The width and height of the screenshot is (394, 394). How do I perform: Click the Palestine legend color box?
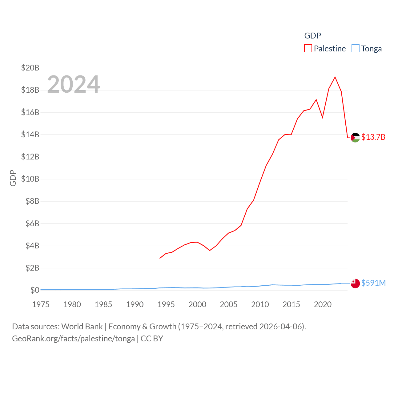point(308,49)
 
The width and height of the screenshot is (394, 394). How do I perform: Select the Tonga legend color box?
point(356,49)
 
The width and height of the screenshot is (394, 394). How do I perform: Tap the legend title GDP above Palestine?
point(312,36)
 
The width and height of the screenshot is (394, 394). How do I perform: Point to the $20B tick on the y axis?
point(30,68)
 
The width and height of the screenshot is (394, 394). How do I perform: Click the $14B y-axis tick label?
point(30,135)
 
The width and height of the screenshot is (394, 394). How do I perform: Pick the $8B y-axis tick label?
point(32,201)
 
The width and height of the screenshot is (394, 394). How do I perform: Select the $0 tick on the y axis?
point(35,290)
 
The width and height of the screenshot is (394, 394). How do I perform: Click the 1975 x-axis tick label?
point(41,304)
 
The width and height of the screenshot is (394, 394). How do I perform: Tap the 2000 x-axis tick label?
point(197,304)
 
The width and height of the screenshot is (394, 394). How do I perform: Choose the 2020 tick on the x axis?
point(323,304)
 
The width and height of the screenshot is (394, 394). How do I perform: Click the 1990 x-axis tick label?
point(135,304)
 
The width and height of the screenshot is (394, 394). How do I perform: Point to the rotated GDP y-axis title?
point(13,178)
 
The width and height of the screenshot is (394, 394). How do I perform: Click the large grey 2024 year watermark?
point(73,84)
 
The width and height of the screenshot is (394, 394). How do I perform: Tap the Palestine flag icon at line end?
point(355,138)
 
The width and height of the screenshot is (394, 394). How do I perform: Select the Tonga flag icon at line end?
point(355,283)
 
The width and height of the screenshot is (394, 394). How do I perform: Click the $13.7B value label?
point(373,137)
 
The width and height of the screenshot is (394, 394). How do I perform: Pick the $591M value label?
point(373,283)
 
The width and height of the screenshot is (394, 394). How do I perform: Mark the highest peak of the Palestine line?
point(335,77)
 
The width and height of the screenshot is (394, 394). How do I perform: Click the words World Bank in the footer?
point(82,326)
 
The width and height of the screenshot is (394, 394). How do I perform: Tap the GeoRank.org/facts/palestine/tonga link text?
point(73,339)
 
